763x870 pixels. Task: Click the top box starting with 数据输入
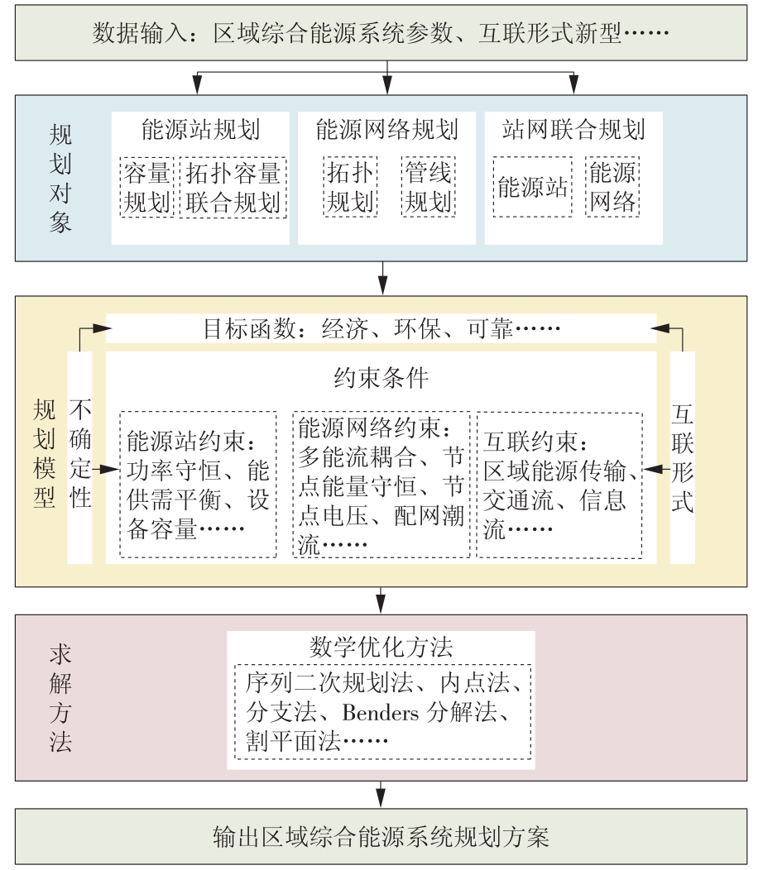[x=381, y=35]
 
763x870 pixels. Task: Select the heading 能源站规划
[x=200, y=130]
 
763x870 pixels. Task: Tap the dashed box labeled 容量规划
[x=147, y=188]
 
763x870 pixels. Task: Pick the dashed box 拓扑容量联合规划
[x=233, y=188]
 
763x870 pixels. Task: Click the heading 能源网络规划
[x=386, y=130]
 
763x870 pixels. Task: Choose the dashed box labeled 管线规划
[x=428, y=188]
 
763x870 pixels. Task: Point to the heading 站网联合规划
[x=573, y=130]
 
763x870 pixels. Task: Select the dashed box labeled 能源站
[x=532, y=188]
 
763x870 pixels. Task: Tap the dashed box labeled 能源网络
[x=612, y=188]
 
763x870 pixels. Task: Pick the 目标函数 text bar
[x=381, y=329]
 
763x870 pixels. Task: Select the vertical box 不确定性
[x=80, y=457]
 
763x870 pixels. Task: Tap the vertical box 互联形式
[x=682, y=457]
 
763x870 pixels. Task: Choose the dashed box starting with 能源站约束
[x=198, y=484]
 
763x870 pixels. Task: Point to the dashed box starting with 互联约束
[x=559, y=484]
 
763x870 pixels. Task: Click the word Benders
[x=381, y=713]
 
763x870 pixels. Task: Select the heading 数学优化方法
[x=381, y=646]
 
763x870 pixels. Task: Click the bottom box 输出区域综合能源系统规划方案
[x=381, y=837]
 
